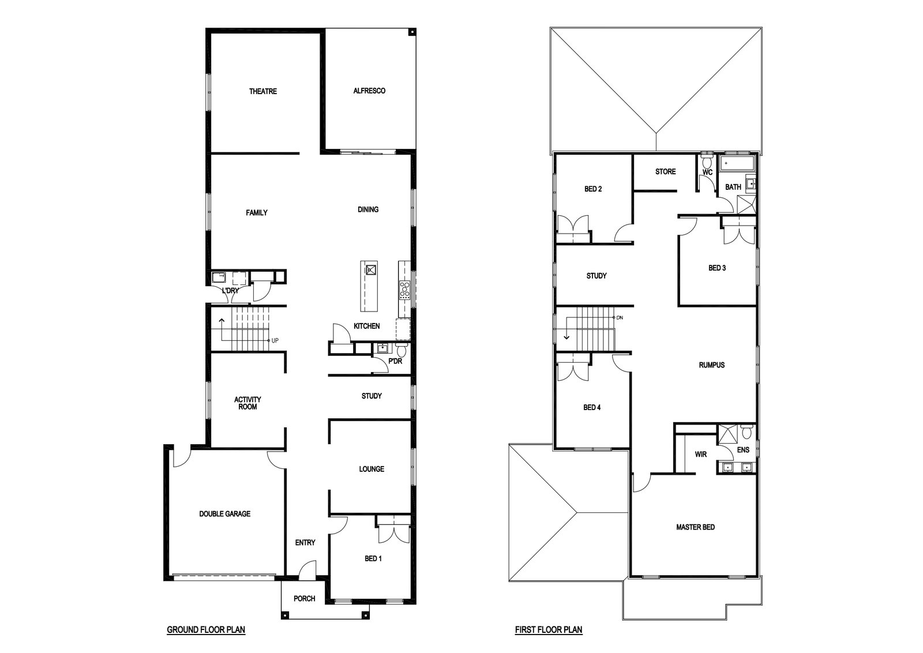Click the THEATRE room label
[x=263, y=91]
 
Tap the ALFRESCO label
[x=369, y=91]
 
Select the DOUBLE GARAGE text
[x=224, y=514]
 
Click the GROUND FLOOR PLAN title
[x=206, y=629]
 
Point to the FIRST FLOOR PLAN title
[x=549, y=629]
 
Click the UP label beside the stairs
[x=275, y=340]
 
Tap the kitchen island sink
[x=371, y=270]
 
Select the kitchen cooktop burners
[x=405, y=289]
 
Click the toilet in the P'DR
[x=401, y=351]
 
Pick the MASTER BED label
[x=696, y=527]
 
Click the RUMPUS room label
[x=712, y=365]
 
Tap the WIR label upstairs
[x=700, y=455]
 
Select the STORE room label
[x=666, y=171]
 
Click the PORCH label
[x=304, y=599]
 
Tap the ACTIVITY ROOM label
[x=247, y=403]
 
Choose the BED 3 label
[x=717, y=268]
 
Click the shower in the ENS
[x=727, y=434]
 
